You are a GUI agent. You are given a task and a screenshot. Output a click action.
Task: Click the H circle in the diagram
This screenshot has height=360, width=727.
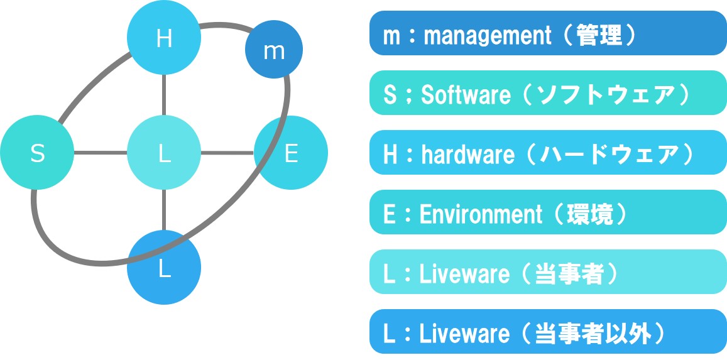tap(164, 39)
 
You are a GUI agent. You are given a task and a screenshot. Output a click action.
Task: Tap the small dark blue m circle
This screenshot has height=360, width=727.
tap(274, 51)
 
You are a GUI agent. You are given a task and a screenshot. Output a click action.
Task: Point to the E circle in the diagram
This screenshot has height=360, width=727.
tap(291, 153)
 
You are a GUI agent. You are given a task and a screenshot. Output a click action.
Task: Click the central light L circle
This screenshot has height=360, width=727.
tap(164, 153)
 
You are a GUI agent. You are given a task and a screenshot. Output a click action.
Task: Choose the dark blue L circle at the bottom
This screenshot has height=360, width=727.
tap(164, 268)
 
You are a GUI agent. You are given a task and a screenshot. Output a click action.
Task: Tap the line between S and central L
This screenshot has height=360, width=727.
tap(101, 153)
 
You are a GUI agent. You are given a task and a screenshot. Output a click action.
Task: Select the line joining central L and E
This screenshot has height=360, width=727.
tap(227, 153)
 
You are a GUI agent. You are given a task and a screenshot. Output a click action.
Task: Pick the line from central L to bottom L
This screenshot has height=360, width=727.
tap(164, 210)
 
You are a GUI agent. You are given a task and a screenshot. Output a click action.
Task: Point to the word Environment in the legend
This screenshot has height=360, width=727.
tap(481, 214)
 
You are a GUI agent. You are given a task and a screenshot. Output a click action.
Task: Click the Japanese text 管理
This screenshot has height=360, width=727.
tap(598, 35)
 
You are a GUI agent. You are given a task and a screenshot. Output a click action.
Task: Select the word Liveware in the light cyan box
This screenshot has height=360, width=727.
tap(464, 274)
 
